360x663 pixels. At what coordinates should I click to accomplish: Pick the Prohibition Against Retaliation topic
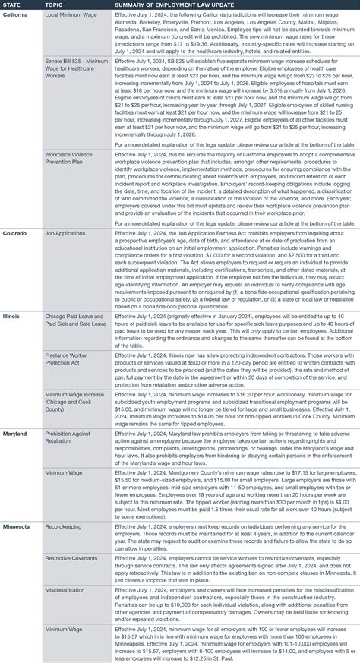tap(71, 437)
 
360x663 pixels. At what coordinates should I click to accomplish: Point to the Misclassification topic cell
tap(65, 588)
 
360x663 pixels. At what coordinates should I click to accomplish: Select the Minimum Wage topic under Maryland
tap(65, 472)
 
